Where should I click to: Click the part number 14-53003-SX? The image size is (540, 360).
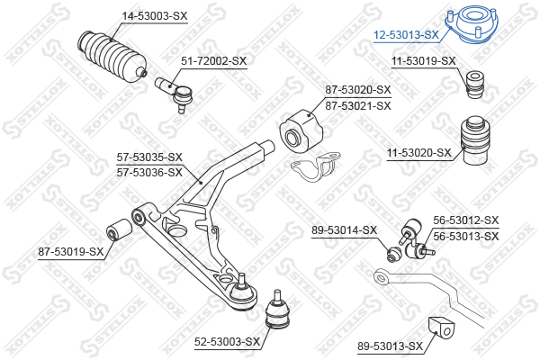click(155, 16)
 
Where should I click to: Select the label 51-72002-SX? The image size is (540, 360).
click(214, 61)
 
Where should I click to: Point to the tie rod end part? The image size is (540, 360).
click(175, 94)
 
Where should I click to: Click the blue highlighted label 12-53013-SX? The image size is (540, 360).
click(407, 35)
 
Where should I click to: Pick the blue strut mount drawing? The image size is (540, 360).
click(472, 24)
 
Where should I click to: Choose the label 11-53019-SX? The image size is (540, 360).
click(423, 61)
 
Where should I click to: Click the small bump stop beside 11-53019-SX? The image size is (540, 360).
click(475, 85)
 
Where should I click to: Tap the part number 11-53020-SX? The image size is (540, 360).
click(418, 152)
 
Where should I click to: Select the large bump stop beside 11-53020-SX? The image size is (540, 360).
click(475, 140)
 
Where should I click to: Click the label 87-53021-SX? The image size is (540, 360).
click(358, 106)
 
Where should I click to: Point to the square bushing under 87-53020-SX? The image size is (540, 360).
click(301, 131)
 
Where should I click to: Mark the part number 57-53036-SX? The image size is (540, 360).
click(149, 172)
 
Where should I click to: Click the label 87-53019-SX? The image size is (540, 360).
click(70, 252)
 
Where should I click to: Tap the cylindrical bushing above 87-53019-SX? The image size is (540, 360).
click(119, 229)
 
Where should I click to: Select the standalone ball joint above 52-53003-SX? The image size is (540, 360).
click(277, 310)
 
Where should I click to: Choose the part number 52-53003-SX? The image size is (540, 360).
click(227, 342)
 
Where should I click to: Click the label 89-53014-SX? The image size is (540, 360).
click(344, 229)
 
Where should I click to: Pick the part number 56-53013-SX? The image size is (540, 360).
click(466, 237)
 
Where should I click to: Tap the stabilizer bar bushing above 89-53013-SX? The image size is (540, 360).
click(441, 328)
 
